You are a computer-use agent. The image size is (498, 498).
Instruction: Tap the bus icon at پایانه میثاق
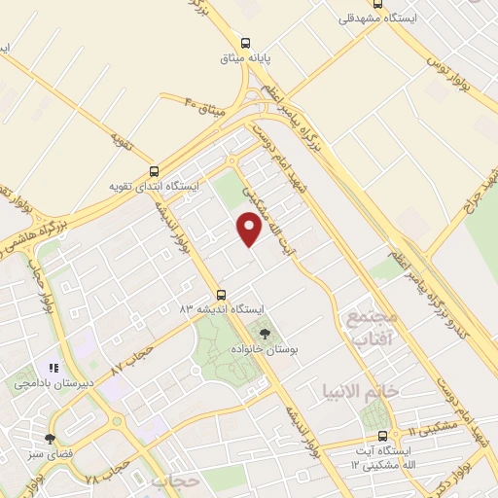pyautogui.click(x=245, y=43)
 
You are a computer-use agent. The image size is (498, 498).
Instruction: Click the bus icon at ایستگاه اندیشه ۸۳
pyautogui.click(x=221, y=294)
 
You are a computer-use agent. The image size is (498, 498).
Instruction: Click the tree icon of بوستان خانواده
pyautogui.click(x=266, y=334)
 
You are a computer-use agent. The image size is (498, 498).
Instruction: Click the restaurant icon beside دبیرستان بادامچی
pyautogui.click(x=54, y=368)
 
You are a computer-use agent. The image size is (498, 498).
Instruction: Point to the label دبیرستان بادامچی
pyautogui.click(x=54, y=382)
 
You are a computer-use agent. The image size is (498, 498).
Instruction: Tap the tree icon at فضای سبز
pyautogui.click(x=51, y=439)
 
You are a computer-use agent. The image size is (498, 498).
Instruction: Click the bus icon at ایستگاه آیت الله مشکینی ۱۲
pyautogui.click(x=382, y=436)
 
